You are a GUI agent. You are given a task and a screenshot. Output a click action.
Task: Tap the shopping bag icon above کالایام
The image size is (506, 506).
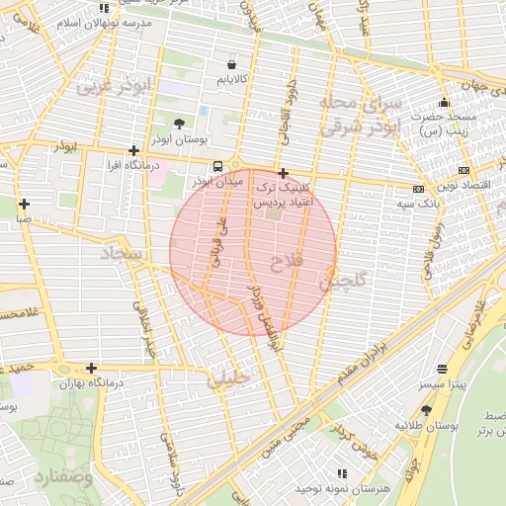point(231,58)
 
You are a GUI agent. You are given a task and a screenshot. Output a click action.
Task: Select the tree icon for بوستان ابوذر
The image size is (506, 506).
point(178,124)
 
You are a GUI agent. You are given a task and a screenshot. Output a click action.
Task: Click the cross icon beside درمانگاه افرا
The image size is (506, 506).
point(133,150)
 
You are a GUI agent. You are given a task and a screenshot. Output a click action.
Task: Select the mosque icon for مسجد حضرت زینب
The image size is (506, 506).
point(444,102)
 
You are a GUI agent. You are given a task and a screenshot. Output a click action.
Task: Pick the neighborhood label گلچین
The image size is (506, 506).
point(343,282)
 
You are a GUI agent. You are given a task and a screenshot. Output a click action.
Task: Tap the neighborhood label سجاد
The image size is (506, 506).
point(122,255)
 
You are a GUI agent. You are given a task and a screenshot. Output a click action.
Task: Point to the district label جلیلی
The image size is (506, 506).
point(229,379)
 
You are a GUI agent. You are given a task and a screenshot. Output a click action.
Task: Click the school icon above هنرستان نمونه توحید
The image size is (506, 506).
point(342,474)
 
